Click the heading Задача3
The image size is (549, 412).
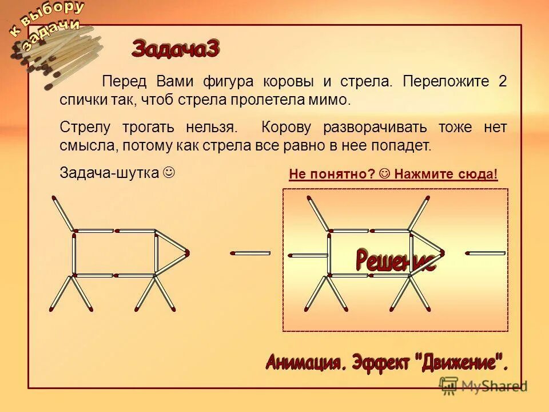(x=175, y=49)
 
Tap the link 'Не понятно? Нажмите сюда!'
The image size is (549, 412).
(x=393, y=174)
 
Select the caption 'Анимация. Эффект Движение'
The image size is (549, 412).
(x=387, y=362)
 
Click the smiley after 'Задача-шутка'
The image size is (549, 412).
(x=169, y=172)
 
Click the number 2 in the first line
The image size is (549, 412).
(x=502, y=81)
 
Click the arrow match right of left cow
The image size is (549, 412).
(x=250, y=252)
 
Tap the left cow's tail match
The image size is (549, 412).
(x=63, y=213)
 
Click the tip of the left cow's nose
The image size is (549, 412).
(x=187, y=252)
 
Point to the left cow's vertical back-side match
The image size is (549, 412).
(x=74, y=253)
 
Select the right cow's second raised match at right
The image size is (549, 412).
(x=419, y=213)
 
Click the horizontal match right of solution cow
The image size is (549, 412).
(x=486, y=252)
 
